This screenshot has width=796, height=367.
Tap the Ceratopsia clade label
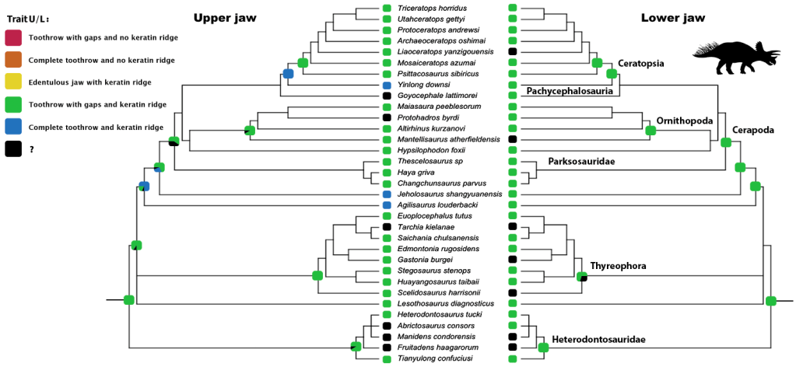[642, 64]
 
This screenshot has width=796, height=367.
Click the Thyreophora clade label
[619, 266]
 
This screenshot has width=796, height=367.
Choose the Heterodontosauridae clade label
[599, 340]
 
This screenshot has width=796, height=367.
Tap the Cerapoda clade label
[753, 130]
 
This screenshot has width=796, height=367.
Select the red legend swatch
[12, 37]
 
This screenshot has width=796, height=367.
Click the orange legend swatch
[12, 60]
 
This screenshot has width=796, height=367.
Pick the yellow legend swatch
[12, 82]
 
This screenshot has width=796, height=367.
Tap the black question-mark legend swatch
[12, 149]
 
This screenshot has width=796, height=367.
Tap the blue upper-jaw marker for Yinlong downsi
[387, 84]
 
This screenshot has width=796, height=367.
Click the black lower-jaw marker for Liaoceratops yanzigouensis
[512, 51]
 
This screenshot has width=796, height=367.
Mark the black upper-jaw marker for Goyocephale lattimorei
[387, 95]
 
